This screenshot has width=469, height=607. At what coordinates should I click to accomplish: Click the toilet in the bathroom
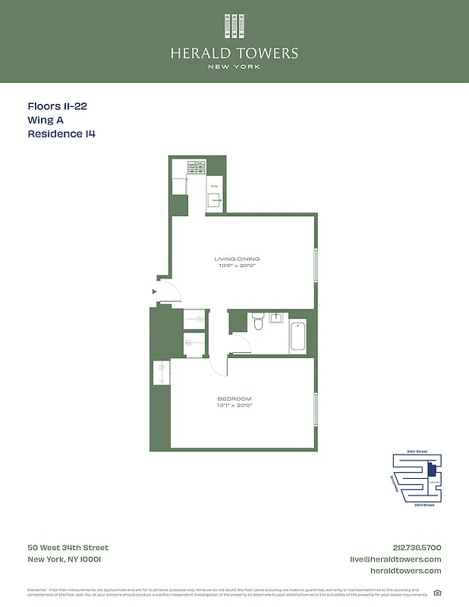[x=258, y=322]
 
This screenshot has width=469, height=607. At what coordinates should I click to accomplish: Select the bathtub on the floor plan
[x=297, y=336]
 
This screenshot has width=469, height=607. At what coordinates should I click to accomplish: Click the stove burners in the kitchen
[x=197, y=166]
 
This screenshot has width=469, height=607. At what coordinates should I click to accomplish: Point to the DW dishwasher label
[x=214, y=187]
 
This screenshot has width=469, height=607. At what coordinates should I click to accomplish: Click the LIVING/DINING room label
[x=237, y=259]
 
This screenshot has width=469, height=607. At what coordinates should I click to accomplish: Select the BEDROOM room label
[x=234, y=399]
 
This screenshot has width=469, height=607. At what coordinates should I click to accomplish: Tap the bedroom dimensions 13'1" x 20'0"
[x=234, y=406]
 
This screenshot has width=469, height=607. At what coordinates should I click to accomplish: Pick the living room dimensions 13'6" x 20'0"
[x=237, y=266]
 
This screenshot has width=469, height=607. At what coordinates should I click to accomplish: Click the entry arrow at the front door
[x=155, y=291]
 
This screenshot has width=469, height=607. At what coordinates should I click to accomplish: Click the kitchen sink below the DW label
[x=215, y=200]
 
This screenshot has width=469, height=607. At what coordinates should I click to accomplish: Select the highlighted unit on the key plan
[x=431, y=470]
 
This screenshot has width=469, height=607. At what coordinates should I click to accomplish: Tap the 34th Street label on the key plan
[x=417, y=451]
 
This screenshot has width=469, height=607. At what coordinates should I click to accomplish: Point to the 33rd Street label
[x=423, y=505]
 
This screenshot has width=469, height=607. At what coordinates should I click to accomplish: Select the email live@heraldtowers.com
[x=395, y=559]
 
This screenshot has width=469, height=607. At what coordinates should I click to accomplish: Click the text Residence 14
[x=61, y=134]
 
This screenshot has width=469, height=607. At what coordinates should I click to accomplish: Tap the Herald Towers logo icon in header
[x=234, y=26]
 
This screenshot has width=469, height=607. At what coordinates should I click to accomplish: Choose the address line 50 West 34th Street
[x=68, y=548]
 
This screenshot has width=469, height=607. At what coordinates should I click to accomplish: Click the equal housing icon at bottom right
[x=437, y=593]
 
